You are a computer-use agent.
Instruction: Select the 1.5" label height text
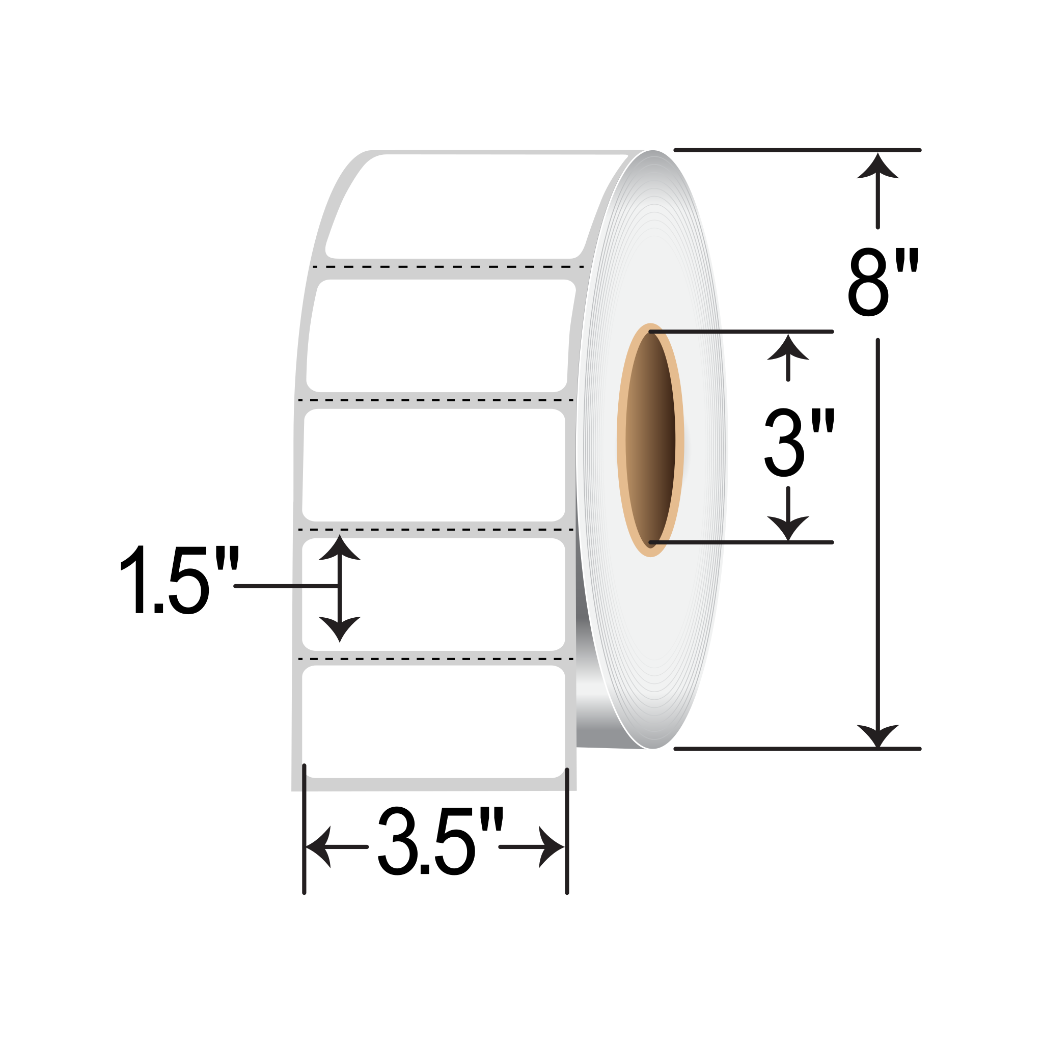(x=179, y=579)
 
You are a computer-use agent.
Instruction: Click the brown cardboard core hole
(x=650, y=440)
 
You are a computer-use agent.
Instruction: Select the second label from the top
(x=440, y=336)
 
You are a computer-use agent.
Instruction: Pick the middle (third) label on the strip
(x=433, y=465)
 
